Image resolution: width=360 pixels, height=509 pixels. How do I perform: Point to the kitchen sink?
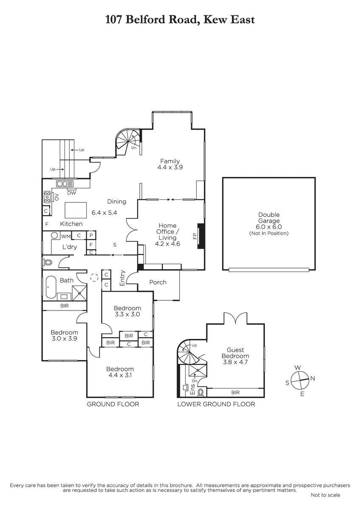(65, 183)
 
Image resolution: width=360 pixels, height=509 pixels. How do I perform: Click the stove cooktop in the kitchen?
(47, 197)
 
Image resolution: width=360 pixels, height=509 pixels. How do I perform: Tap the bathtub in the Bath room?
(51, 288)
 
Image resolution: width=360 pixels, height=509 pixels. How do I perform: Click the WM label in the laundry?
(66, 237)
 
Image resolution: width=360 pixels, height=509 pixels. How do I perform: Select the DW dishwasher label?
(72, 193)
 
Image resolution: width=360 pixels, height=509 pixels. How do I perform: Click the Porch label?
(157, 282)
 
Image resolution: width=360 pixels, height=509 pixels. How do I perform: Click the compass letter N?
(312, 378)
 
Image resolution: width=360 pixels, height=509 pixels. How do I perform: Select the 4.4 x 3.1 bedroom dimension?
(120, 375)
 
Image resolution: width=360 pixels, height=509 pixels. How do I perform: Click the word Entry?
(122, 278)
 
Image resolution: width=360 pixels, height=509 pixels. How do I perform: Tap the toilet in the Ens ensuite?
(200, 392)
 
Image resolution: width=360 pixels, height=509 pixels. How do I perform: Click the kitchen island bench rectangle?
(76, 210)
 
